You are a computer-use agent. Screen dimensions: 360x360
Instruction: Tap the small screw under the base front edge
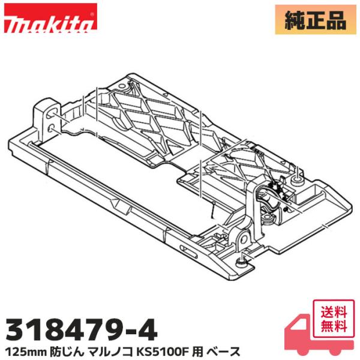point(241,260)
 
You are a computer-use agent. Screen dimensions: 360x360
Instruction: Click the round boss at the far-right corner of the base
point(298,178)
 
